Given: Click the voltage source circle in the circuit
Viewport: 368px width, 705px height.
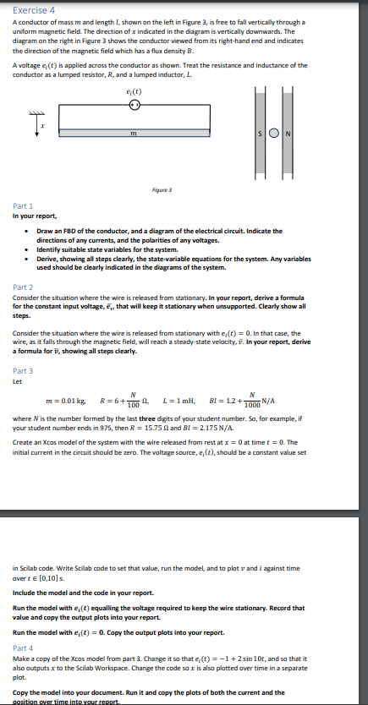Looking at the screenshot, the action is click(134, 106).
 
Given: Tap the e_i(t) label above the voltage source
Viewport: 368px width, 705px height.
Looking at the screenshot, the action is click(134, 92).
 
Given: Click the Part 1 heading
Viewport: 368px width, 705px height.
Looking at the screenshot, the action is click(24, 205).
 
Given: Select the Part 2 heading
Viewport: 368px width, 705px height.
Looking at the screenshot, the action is click(24, 287).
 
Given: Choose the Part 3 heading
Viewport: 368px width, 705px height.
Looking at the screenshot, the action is click(24, 370).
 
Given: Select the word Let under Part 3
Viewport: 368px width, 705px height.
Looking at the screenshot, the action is click(17, 380).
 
